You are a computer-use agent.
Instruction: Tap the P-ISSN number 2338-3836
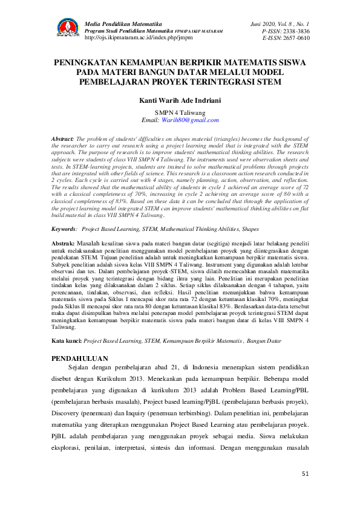[295, 30]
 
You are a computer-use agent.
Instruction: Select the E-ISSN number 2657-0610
[295, 37]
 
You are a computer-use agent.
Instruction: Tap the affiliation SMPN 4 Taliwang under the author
[180, 112]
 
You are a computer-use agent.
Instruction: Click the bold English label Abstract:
[62, 138]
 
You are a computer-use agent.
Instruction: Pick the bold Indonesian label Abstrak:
[62, 242]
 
